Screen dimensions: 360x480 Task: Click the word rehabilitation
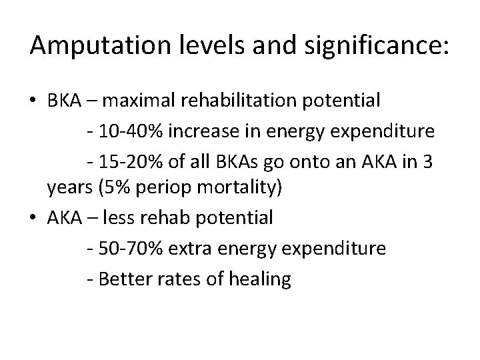pos(247,101)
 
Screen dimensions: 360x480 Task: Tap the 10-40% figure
pos(130,131)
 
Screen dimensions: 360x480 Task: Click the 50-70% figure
pos(130,247)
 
